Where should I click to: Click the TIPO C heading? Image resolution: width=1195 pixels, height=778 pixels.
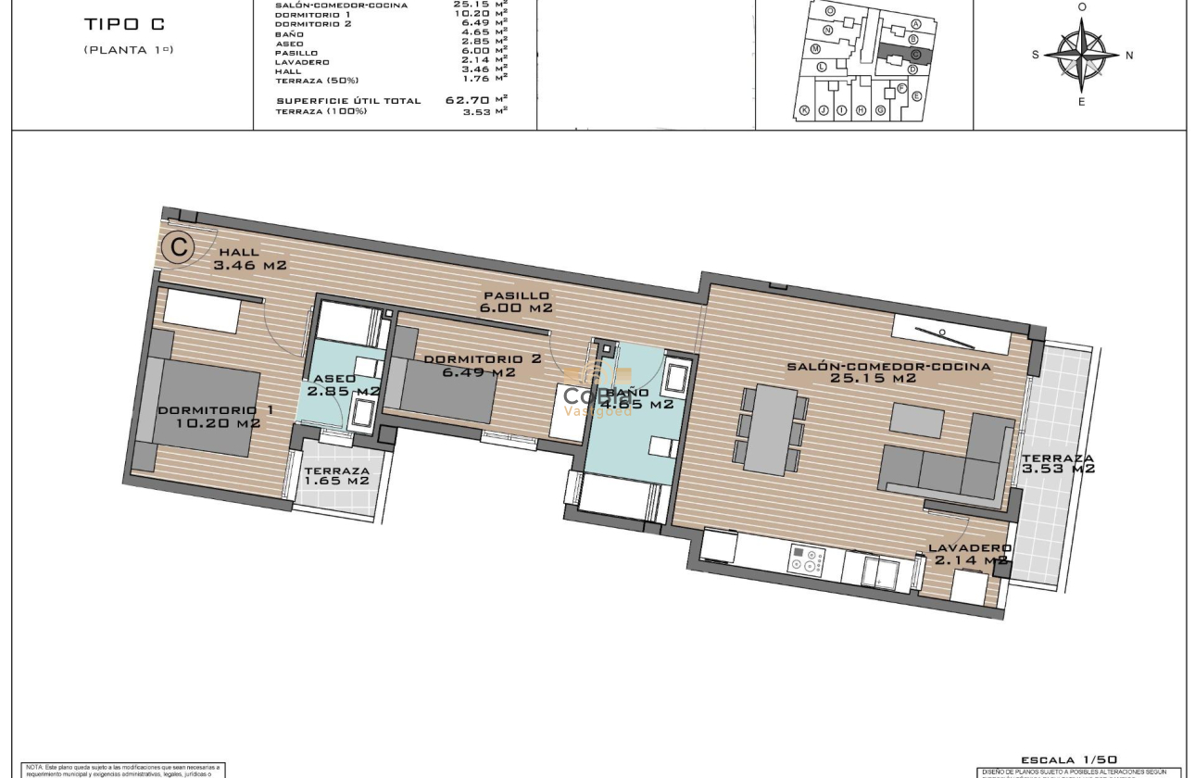(123, 24)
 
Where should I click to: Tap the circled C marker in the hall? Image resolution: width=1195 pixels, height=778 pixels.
(176, 247)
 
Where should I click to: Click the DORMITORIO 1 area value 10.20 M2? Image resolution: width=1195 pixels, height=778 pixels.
(218, 423)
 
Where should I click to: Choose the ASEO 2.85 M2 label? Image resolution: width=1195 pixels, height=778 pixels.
(344, 385)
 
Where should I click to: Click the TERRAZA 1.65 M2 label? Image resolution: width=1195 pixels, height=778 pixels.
(336, 476)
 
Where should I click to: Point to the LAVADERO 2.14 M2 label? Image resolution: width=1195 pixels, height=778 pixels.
(970, 554)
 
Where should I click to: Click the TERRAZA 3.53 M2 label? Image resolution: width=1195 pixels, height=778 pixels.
(1057, 463)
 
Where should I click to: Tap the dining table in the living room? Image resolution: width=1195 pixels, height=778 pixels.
(771, 430)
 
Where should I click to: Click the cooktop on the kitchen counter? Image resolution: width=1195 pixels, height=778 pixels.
(806, 558)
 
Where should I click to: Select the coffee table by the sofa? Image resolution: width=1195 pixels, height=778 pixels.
(917, 420)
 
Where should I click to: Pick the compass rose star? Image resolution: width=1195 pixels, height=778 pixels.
(1081, 55)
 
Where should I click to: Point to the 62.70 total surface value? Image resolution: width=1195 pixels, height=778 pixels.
(468, 100)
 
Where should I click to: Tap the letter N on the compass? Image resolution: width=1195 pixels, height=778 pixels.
(1129, 56)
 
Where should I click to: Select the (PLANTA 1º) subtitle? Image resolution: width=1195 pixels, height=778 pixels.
(128, 49)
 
